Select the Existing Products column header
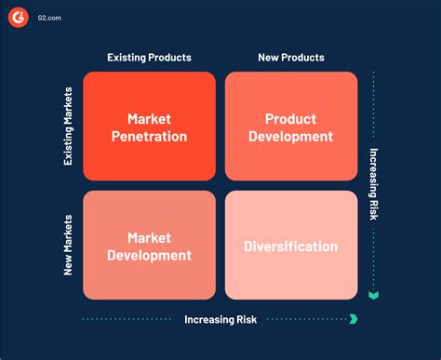tap(150, 58)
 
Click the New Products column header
tap(291, 58)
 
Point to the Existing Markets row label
tap(68, 127)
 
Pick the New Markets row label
tap(68, 246)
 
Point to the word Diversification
tap(291, 247)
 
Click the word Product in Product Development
tap(291, 119)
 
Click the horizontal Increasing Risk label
tap(220, 319)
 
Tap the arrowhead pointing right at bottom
tap(353, 319)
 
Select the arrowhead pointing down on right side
tap(374, 296)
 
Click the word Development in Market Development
tap(149, 256)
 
